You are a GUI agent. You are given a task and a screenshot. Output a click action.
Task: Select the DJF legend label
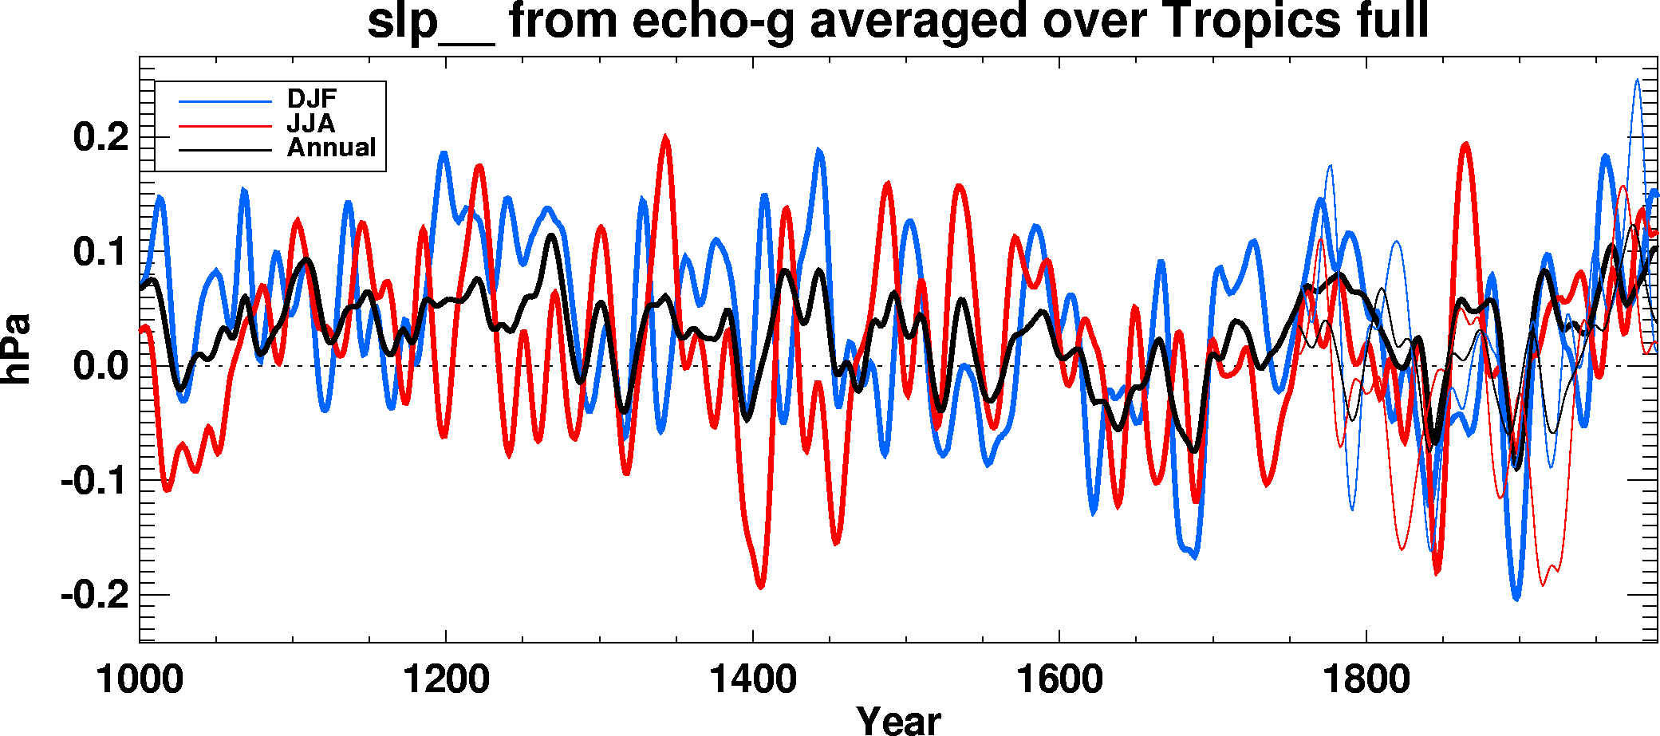click(x=312, y=99)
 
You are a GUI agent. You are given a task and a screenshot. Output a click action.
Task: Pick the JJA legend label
click(x=311, y=124)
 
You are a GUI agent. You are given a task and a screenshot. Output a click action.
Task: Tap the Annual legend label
click(x=331, y=148)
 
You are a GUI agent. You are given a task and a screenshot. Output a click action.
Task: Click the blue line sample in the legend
click(x=225, y=101)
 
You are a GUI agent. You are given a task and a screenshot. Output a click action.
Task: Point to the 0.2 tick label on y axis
click(x=101, y=137)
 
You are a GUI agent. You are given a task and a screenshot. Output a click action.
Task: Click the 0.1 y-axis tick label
click(x=101, y=252)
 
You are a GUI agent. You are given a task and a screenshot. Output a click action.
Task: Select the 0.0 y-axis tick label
click(x=101, y=367)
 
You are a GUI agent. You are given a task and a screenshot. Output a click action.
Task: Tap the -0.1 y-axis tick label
click(x=94, y=481)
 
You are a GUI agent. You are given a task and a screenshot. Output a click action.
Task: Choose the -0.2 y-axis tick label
click(x=94, y=595)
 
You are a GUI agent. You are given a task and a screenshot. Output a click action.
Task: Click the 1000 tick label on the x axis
click(x=140, y=679)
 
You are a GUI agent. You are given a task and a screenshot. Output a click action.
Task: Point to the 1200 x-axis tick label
click(x=446, y=679)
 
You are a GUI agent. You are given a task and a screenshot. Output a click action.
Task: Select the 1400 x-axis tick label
click(x=752, y=679)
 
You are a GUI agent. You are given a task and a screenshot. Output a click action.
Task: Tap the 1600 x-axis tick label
click(x=1059, y=679)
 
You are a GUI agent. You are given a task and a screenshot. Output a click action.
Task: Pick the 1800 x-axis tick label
click(x=1366, y=679)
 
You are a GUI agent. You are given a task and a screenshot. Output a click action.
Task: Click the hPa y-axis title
click(x=16, y=349)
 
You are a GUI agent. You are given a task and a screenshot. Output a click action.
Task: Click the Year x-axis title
click(x=898, y=719)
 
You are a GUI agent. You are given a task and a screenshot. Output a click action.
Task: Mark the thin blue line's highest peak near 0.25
click(x=1637, y=80)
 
